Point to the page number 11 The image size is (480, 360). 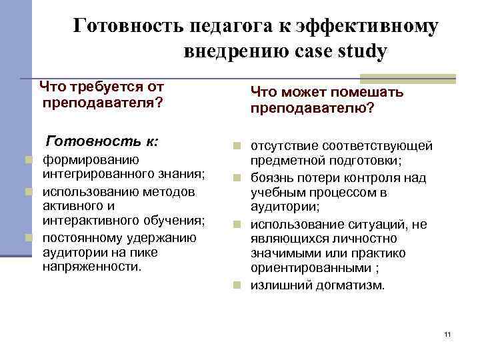pyautogui.click(x=447, y=333)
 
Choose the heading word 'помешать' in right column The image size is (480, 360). pyautogui.click(x=370, y=92)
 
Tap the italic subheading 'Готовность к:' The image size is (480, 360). pyautogui.click(x=101, y=141)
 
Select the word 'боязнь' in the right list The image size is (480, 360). pyautogui.click(x=272, y=177)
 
